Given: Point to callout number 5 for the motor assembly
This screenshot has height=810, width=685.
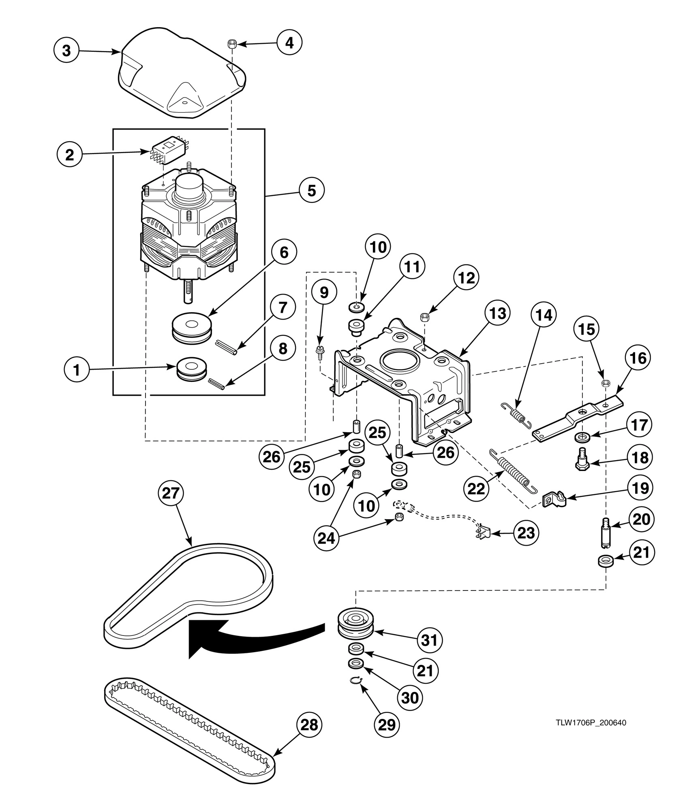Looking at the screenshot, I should [311, 190].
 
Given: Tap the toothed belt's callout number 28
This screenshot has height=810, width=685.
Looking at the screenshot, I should [309, 725].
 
